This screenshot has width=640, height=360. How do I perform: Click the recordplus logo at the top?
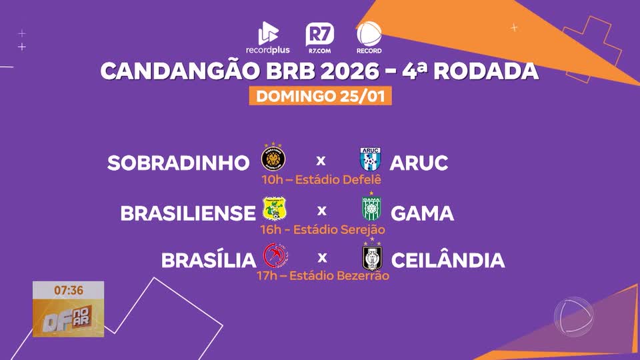[x=267, y=38]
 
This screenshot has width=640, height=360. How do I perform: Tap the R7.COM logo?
[x=320, y=38]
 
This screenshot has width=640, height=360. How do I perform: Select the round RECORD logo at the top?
[x=369, y=38]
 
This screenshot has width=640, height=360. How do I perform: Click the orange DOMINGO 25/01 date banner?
[x=320, y=96]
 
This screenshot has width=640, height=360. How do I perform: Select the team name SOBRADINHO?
[x=178, y=163]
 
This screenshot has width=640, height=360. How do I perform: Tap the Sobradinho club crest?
[x=273, y=159]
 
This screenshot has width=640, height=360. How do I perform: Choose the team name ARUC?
[x=419, y=163]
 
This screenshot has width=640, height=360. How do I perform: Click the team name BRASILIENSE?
[x=188, y=213]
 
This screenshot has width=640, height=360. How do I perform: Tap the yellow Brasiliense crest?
[x=273, y=209]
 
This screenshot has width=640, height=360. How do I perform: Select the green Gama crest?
[x=370, y=209]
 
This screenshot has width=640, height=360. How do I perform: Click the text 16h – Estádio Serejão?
[x=322, y=229]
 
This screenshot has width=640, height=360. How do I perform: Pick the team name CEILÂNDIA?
[x=448, y=260]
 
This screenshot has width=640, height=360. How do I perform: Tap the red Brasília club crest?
[x=273, y=256]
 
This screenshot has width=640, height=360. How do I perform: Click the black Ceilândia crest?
[x=371, y=257]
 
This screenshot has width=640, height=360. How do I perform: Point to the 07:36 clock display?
[x=69, y=290]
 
